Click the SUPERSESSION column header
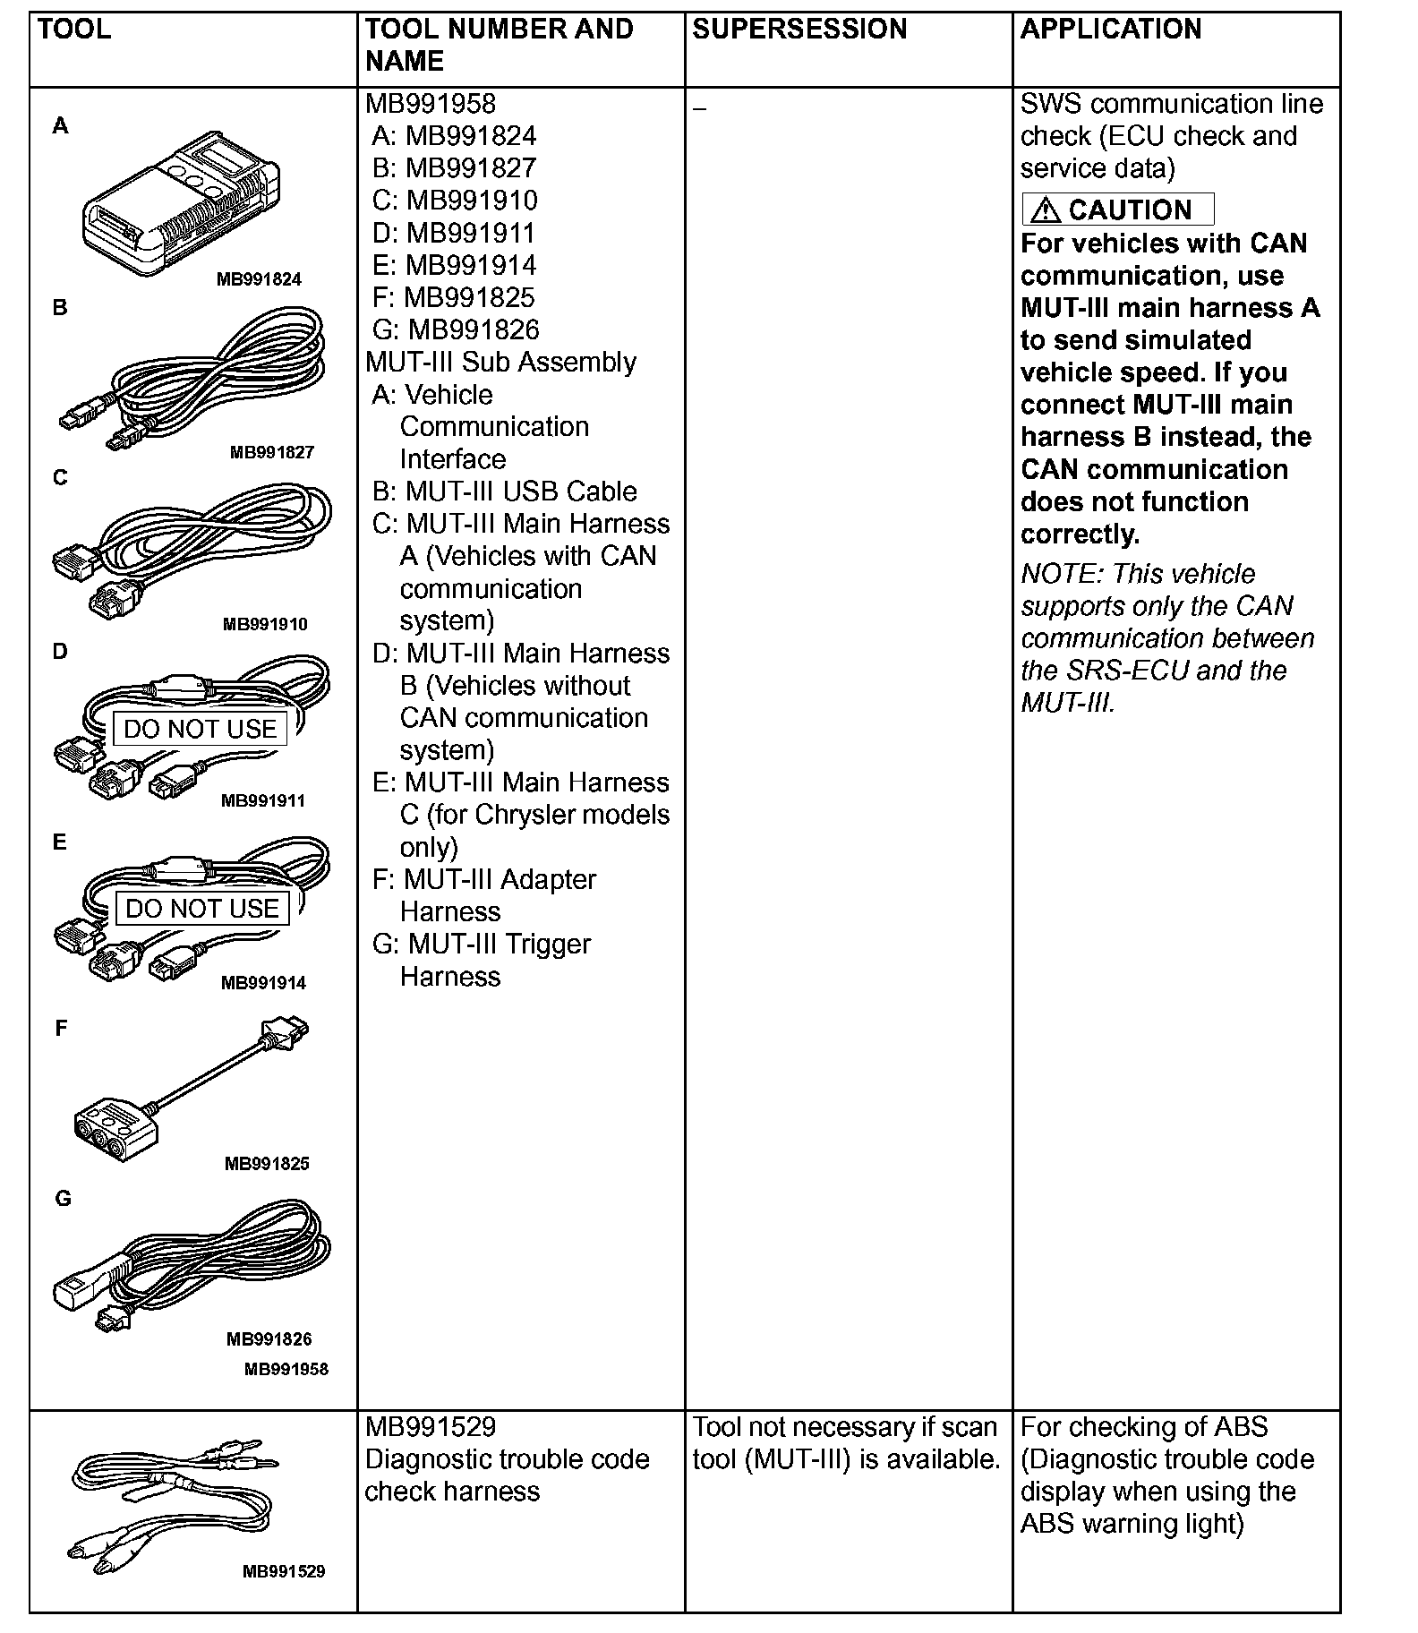click(x=799, y=30)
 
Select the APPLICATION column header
click(x=1110, y=30)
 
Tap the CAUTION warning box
click(x=1118, y=209)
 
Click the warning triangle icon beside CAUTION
click(x=1045, y=210)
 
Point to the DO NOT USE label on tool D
click(x=200, y=729)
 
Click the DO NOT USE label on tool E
click(x=202, y=909)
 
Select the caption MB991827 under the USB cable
click(x=272, y=452)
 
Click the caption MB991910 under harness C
click(x=265, y=624)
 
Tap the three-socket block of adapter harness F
click(x=116, y=1133)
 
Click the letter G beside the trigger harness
click(x=63, y=1198)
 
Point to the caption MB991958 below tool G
click(x=286, y=1369)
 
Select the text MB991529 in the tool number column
click(x=430, y=1427)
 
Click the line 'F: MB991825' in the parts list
click(x=453, y=297)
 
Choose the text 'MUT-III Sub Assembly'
click(x=501, y=362)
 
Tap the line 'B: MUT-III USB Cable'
click(x=505, y=491)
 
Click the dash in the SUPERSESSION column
click(x=699, y=109)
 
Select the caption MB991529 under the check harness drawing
click(x=284, y=1571)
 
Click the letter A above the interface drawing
click(x=60, y=126)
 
